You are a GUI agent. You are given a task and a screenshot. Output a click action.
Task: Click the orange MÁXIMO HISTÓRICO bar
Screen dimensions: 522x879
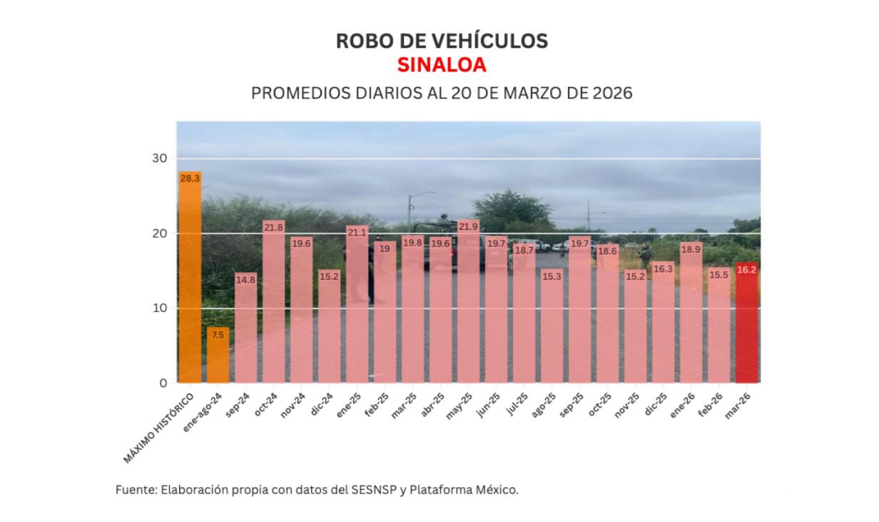pos(190,278)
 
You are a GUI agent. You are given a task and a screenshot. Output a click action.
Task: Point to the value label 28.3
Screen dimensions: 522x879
pos(190,179)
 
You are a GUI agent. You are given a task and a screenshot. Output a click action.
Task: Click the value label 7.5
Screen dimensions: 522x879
pos(218,334)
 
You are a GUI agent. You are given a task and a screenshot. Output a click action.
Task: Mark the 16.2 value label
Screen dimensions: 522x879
pos(746,270)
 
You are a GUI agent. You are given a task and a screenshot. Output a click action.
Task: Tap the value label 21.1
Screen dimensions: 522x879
pos(357,232)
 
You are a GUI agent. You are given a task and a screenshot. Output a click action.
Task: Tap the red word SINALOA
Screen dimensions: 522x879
pos(442,65)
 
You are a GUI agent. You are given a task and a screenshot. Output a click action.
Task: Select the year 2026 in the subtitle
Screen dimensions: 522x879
pos(612,94)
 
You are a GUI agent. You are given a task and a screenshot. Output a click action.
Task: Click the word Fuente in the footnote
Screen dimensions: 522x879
pos(135,491)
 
